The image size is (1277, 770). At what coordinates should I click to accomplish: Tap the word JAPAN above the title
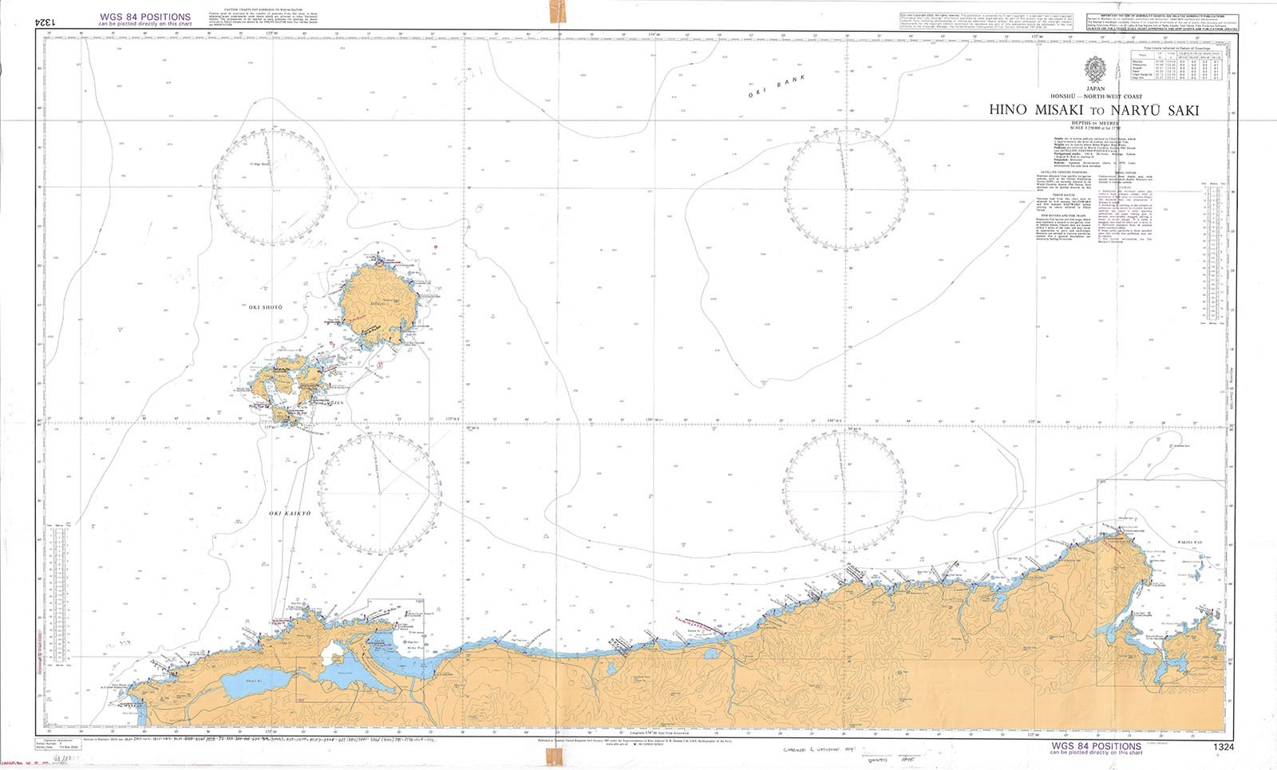(x=1095, y=89)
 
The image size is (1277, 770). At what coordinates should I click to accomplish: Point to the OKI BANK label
(x=777, y=86)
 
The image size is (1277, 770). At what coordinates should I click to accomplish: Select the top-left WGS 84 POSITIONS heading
(x=144, y=17)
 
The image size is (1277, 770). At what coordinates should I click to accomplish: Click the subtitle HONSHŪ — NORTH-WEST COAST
(x=1094, y=97)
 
